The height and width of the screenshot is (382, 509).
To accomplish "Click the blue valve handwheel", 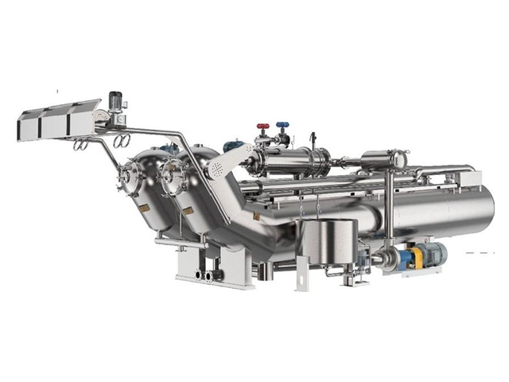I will [x=282, y=126].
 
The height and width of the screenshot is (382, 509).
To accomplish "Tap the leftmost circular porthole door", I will [x=130, y=180].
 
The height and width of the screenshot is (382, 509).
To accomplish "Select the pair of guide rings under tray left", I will [x=80, y=146].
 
